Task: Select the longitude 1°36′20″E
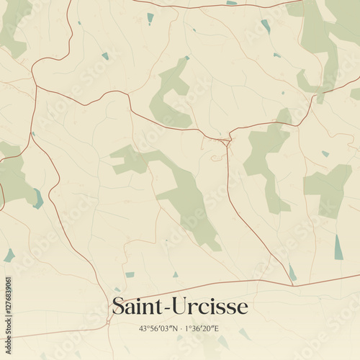[x=202, y=328]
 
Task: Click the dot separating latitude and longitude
[x=180, y=328]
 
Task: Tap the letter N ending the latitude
[x=174, y=328]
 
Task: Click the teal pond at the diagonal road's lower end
[x=292, y=272]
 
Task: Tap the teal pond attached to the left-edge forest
[x=38, y=199]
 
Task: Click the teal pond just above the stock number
[x=9, y=255]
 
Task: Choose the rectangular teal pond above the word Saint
[x=130, y=274]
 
